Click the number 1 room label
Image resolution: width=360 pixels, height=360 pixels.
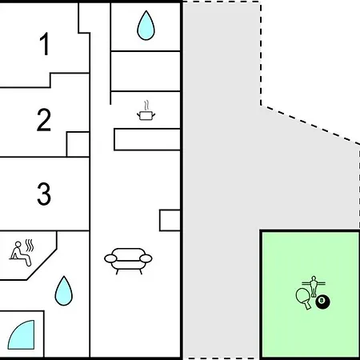click(44, 44)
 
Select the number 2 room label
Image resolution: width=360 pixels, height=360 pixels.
click(44, 120)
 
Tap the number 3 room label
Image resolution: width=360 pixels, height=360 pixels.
click(44, 194)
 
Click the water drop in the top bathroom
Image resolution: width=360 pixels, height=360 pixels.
click(146, 26)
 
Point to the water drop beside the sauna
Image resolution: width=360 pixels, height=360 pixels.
click(64, 291)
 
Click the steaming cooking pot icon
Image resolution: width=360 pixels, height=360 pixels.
click(146, 110)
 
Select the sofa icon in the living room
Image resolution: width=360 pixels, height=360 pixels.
click(128, 261)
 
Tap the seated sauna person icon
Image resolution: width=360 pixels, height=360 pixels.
click(20, 254)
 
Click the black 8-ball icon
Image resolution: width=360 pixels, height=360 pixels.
click(322, 302)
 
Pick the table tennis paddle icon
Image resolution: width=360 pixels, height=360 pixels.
click(304, 298)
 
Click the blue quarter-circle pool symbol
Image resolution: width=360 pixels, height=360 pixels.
click(22, 335)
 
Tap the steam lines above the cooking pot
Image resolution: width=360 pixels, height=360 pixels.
click(146, 106)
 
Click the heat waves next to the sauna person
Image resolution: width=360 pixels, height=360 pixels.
click(30, 246)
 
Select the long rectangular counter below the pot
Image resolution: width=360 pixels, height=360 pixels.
click(147, 139)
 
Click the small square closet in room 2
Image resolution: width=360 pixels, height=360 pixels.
click(78, 144)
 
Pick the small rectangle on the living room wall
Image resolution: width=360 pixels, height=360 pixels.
click(170, 220)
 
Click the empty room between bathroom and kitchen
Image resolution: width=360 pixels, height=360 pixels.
click(146, 71)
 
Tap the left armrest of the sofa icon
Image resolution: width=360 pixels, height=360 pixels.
click(110, 258)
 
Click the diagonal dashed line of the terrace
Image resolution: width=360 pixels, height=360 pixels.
click(310, 125)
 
